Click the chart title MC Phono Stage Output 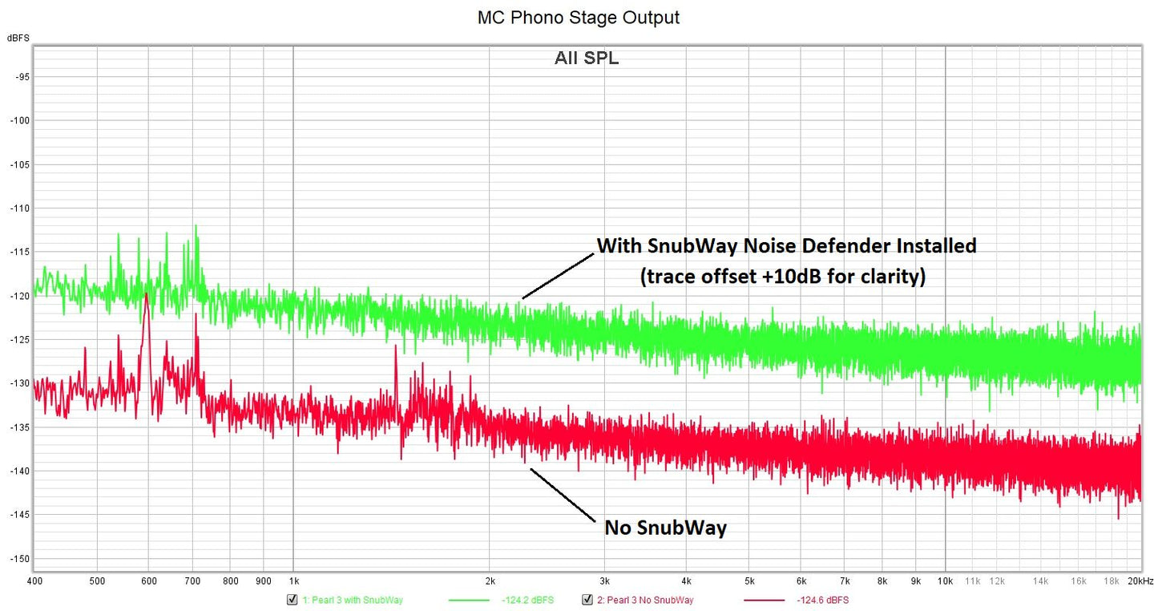tap(578, 17)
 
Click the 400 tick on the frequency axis tap(34, 580)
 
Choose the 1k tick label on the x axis tap(293, 580)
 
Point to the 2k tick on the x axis tap(490, 580)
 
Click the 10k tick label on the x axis tap(945, 580)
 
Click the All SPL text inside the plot tap(586, 59)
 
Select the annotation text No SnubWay tap(665, 528)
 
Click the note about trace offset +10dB tap(782, 277)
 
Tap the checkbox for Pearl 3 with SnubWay tap(292, 600)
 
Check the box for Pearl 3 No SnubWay tap(587, 600)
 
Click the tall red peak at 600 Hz tap(147, 296)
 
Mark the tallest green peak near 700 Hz tap(195, 227)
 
